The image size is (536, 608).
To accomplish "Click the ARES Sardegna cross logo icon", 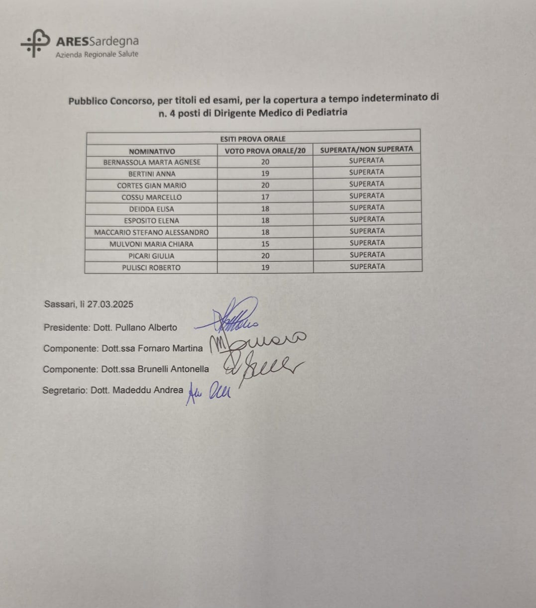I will [35, 43].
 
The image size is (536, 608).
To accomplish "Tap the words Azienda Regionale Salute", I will [97, 54].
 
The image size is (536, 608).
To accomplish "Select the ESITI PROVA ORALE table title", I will [253, 139].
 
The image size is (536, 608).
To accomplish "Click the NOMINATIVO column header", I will [152, 151].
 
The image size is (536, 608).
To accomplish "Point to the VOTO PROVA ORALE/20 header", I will [265, 151].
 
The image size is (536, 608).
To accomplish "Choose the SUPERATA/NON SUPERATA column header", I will [366, 149].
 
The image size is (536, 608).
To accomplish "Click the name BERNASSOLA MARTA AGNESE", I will [152, 162].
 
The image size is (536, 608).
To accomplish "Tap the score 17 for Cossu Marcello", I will [265, 197].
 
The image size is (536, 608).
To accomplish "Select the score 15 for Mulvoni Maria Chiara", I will [265, 244].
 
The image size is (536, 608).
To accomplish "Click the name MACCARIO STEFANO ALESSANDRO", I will [151, 232].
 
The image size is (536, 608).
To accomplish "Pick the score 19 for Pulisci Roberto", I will [265, 267].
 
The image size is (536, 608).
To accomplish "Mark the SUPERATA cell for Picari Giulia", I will [367, 255].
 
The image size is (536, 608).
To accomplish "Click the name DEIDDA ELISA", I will [152, 209].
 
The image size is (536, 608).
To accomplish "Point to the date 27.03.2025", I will [110, 304].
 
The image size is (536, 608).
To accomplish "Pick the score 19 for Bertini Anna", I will [265, 174].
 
